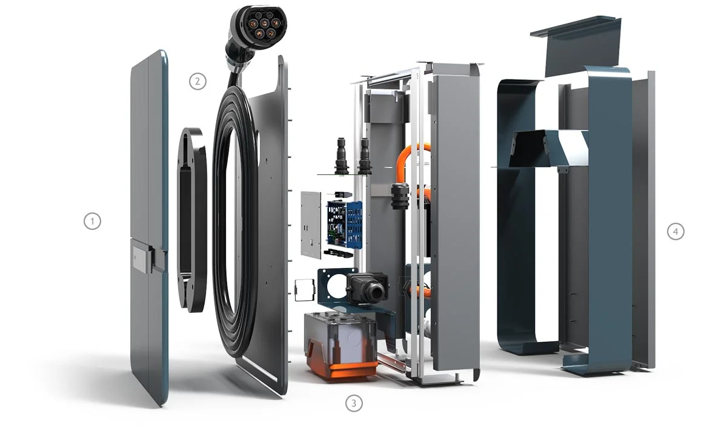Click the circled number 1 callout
(x=91, y=221)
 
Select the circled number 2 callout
(x=198, y=81)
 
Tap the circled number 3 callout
(x=354, y=403)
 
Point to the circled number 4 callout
(x=676, y=231)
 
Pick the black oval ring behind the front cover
(x=191, y=218)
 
